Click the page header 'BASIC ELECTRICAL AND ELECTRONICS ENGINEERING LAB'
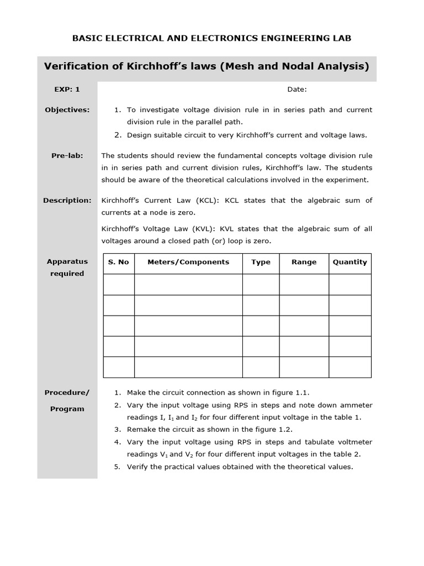tap(212, 38)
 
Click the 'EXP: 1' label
tap(67, 90)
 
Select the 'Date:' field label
tap(297, 90)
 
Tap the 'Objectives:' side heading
tap(67, 110)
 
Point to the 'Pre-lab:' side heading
tap(67, 156)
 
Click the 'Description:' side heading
tap(67, 201)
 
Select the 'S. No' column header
tap(119, 263)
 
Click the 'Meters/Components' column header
tap(188, 263)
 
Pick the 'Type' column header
tap(261, 263)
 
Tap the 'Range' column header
tap(304, 263)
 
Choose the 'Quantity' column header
tap(349, 263)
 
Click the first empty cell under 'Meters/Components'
tap(188, 285)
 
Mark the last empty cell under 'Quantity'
tap(349, 367)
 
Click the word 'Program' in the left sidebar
tap(67, 409)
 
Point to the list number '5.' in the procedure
tap(117, 467)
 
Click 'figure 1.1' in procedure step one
tap(290, 393)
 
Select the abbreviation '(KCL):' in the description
tap(208, 201)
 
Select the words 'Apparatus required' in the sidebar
tap(67, 268)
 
